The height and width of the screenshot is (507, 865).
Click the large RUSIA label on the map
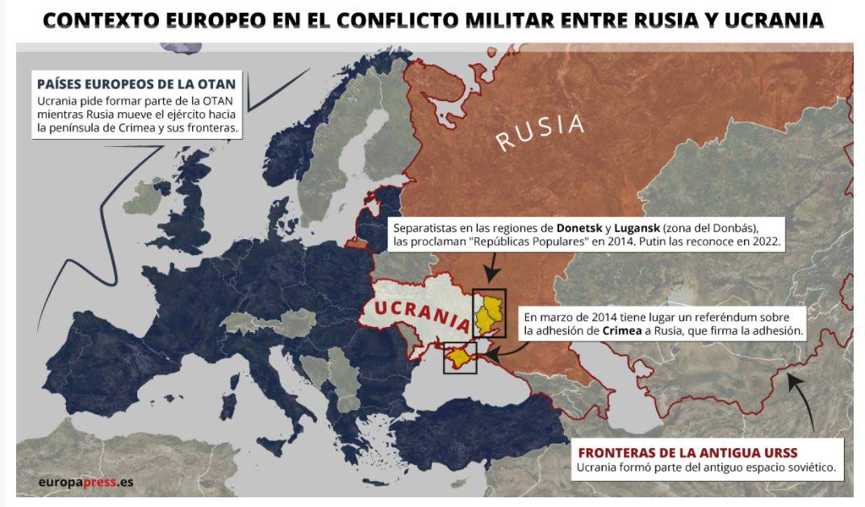[540, 132]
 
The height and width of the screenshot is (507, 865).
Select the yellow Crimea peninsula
[460, 356]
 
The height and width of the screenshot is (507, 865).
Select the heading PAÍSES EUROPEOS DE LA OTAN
[136, 84]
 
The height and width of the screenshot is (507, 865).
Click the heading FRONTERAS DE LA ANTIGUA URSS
[698, 453]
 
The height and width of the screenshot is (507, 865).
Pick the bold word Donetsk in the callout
[579, 227]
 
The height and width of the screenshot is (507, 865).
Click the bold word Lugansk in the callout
[638, 227]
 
